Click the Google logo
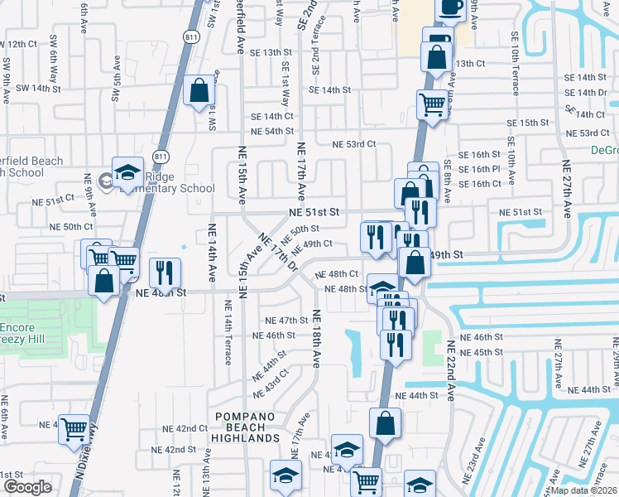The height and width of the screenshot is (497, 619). (26, 487)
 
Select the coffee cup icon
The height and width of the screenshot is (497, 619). (450, 7)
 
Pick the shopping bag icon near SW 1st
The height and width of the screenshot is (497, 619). (199, 93)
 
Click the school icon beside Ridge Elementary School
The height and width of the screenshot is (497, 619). (128, 172)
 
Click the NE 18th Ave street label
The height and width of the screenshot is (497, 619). (315, 340)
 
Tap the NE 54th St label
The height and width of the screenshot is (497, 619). (267, 131)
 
